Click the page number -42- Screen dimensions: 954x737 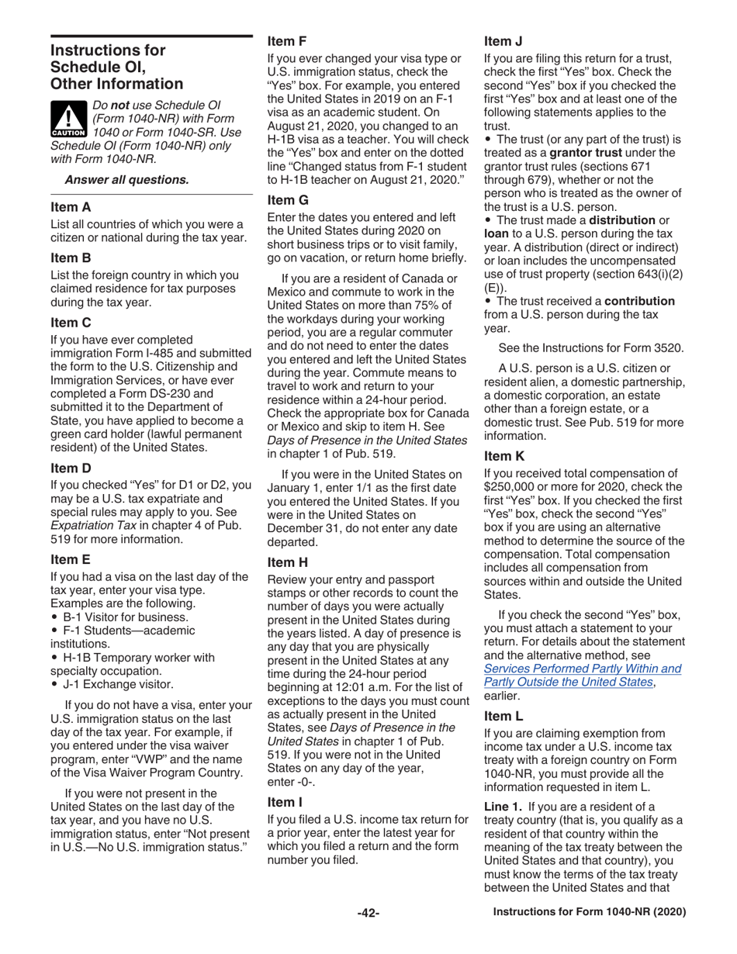pyautogui.click(x=368, y=913)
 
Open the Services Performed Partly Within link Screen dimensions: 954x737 pyautogui.click(x=582, y=668)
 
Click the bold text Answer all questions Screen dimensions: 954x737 pyautogui.click(x=126, y=180)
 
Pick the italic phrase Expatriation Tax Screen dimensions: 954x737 pyautogui.click(x=88, y=527)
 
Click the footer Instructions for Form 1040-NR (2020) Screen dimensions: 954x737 pyautogui.click(x=590, y=913)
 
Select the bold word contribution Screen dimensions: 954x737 pyautogui.click(x=639, y=300)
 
